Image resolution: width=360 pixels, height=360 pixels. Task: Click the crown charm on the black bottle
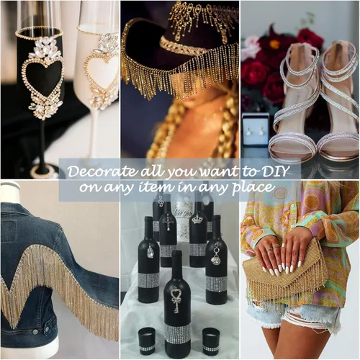tap(197, 220)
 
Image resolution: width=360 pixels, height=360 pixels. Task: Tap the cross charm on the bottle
tap(168, 225)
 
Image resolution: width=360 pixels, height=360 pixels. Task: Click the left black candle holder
tap(147, 340)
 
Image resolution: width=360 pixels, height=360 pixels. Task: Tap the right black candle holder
tap(210, 340)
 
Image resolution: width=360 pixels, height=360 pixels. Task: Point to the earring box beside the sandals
tap(255, 129)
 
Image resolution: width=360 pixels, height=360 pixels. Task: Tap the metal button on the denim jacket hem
tap(35, 332)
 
